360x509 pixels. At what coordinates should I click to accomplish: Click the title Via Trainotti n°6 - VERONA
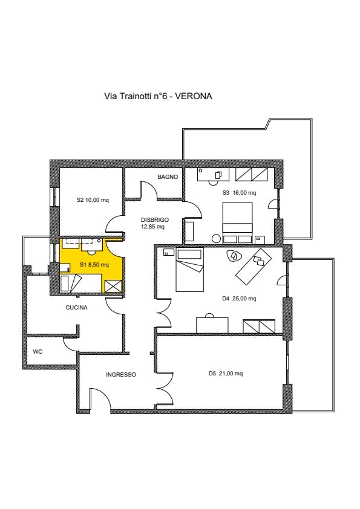tap(158, 96)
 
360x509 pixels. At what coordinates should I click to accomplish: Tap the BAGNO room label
tap(168, 177)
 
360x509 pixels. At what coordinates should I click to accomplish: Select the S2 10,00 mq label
tap(93, 200)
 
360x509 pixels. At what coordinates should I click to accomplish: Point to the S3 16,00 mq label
tap(239, 192)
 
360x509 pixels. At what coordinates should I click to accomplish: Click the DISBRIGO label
tap(155, 220)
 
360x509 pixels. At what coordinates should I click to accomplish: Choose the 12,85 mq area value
tap(152, 227)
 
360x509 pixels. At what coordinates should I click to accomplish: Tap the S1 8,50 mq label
tap(94, 265)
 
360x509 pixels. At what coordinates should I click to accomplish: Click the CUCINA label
tap(77, 308)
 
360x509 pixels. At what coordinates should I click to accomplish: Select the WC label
tap(38, 352)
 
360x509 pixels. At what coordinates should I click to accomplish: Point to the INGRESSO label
tap(121, 375)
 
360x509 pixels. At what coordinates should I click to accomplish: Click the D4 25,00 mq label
tap(239, 298)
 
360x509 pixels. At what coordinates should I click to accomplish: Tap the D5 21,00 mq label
tap(226, 374)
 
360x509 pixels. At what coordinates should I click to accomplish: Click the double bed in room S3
tap(238, 222)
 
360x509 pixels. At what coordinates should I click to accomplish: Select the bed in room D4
tap(190, 270)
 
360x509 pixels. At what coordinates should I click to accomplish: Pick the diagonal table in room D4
tap(254, 267)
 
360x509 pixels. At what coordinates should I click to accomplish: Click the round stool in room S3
tap(216, 239)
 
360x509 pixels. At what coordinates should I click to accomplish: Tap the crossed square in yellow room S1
tap(113, 287)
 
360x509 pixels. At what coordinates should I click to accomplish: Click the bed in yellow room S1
tap(81, 283)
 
